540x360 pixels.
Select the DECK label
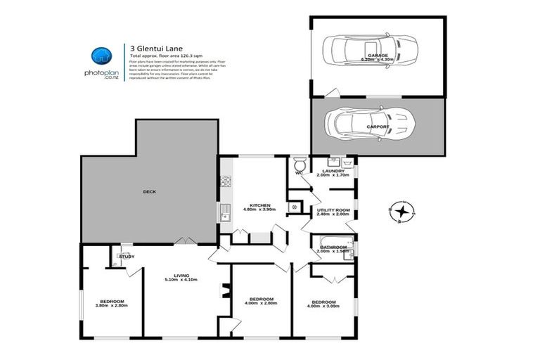[x=149, y=191]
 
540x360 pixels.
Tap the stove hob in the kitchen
[x=226, y=181]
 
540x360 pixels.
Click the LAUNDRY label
[x=333, y=171]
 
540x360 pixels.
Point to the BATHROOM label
[x=333, y=247]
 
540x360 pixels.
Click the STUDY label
[x=127, y=257]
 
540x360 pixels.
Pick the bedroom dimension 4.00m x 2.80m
[x=258, y=302]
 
